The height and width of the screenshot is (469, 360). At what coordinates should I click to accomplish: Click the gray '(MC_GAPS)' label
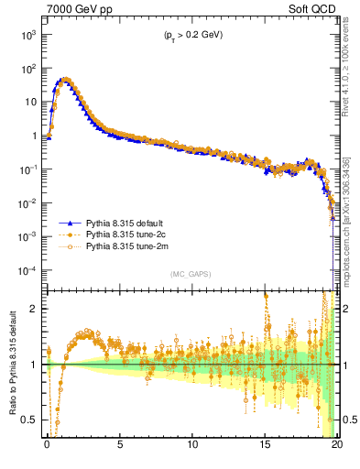[189, 274]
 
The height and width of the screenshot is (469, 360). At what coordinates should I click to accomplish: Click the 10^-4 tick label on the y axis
[27, 271]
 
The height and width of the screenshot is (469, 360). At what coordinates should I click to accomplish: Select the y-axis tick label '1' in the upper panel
[35, 136]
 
